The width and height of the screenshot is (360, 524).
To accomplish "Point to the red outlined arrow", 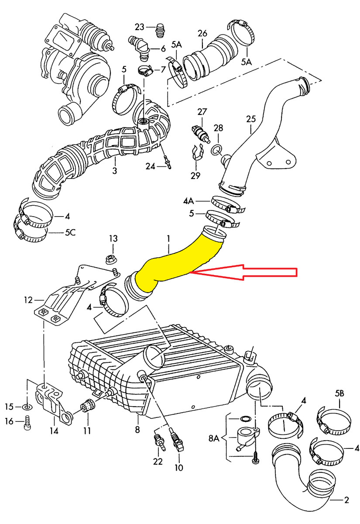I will pos(244,272).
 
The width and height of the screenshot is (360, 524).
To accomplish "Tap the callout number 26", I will pos(202,33).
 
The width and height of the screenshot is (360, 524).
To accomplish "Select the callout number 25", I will pos(250,118).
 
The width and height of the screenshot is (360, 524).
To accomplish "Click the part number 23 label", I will pos(139,27).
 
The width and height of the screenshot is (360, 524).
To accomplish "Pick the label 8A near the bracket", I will pos(214,437).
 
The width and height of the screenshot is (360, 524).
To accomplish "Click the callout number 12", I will pos(28,300).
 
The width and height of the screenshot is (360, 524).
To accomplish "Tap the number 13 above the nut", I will pos(113,238).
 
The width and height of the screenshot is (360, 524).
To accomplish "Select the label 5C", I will pos(70,233).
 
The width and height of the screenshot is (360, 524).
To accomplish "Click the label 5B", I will pos(339,393).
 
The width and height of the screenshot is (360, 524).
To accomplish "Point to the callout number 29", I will pos(195,176).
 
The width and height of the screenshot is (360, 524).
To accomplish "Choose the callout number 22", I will pos(158,461).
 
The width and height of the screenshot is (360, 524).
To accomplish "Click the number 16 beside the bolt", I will pos(9,421).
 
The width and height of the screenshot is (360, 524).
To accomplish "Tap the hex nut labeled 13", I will pos(110,259).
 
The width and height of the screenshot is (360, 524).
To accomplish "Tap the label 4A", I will pos(189,201).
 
